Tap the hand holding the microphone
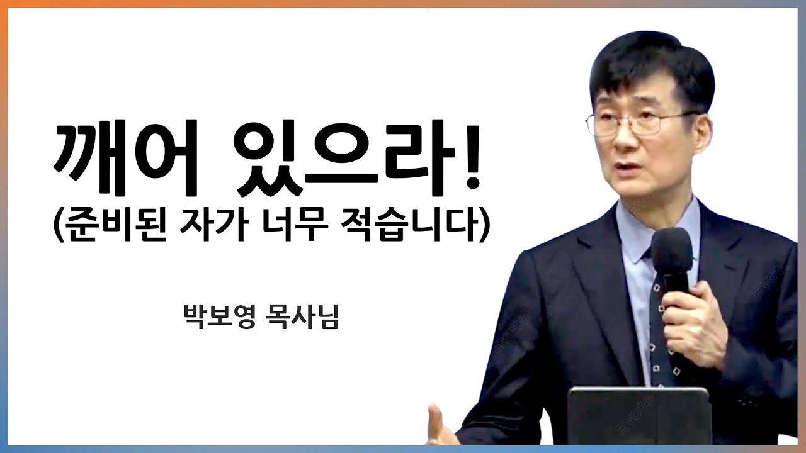693,321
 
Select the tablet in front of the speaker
636,418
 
